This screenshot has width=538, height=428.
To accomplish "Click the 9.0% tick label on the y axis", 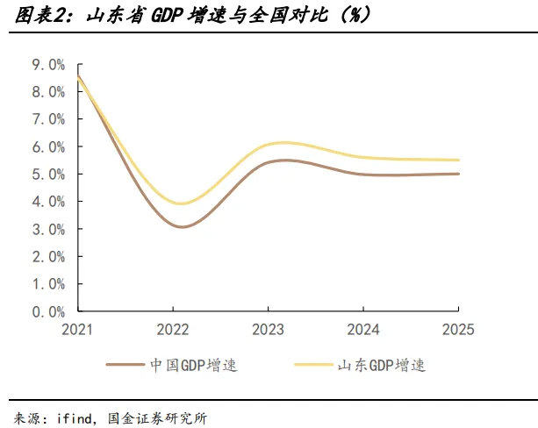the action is (48, 65).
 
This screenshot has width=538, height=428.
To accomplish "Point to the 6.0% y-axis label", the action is (48, 147).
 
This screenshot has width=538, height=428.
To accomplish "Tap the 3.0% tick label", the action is (48, 230).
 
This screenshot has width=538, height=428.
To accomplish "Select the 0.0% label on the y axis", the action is (48, 312).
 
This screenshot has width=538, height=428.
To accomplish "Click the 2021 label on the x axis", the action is (77, 330).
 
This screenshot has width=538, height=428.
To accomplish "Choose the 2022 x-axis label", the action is (173, 330).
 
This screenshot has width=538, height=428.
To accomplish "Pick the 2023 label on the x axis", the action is (268, 330).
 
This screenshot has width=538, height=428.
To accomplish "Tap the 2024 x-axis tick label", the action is (363, 330).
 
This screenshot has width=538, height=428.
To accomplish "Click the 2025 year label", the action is (458, 330).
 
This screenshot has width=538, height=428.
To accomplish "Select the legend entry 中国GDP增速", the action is (193, 365).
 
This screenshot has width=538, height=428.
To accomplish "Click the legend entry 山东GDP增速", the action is (382, 365).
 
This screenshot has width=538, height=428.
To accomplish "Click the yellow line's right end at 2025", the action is (458, 160).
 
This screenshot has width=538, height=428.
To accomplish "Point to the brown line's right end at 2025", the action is (458, 174).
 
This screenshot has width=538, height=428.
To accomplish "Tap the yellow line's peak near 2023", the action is (284, 143).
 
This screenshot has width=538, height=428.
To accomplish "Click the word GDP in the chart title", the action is (167, 16).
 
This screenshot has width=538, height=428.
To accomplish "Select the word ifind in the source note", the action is (74, 418).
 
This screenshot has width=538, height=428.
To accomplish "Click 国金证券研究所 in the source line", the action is (157, 418).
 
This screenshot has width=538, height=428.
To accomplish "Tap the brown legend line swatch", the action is (126, 365).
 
